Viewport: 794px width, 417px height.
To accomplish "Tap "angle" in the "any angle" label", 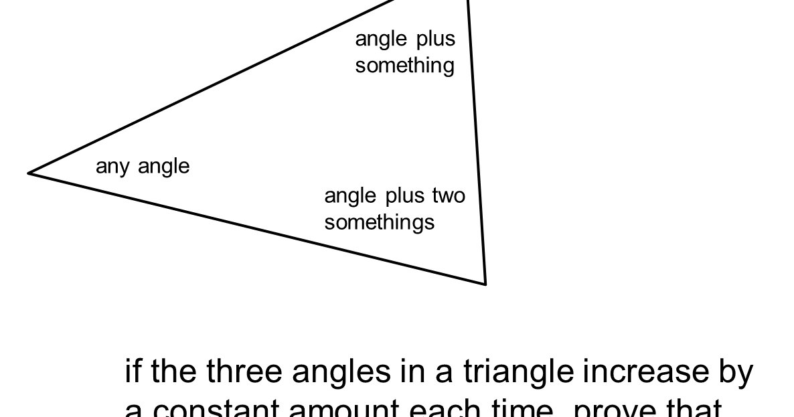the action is coord(164,167).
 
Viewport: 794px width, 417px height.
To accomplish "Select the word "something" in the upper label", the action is coord(404,66).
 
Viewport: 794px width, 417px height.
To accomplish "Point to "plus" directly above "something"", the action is coord(436,39).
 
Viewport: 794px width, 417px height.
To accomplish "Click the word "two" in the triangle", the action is coord(449,195).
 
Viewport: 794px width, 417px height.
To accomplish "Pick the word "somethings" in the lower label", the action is coord(379,222).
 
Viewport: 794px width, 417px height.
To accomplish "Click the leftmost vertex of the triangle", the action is coord(29,173).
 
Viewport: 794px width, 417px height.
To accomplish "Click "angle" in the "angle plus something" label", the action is coord(381,39).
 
